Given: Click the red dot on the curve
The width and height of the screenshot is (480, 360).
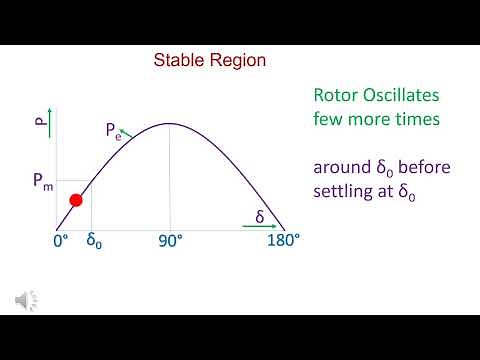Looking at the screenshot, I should click(74, 201).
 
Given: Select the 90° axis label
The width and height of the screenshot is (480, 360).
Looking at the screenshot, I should click(169, 242).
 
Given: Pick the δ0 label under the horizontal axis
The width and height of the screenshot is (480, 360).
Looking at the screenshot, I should click(94, 242).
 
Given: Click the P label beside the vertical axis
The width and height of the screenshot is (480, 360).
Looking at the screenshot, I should click(40, 126).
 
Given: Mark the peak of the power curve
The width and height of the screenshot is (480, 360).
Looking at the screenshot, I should click(169, 124).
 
